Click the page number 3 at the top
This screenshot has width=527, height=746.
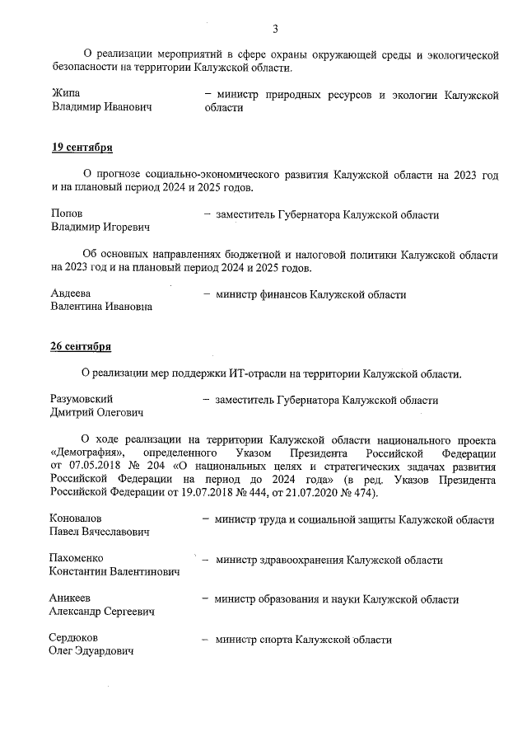point(275,30)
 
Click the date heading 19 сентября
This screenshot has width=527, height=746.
point(82,148)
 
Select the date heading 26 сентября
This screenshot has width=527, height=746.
point(82,346)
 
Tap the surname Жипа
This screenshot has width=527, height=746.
point(65,95)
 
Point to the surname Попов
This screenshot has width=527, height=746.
point(67,213)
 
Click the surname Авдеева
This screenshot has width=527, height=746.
point(71,293)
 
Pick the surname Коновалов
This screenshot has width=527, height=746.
point(76,519)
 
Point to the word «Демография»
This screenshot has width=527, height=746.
point(87,453)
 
